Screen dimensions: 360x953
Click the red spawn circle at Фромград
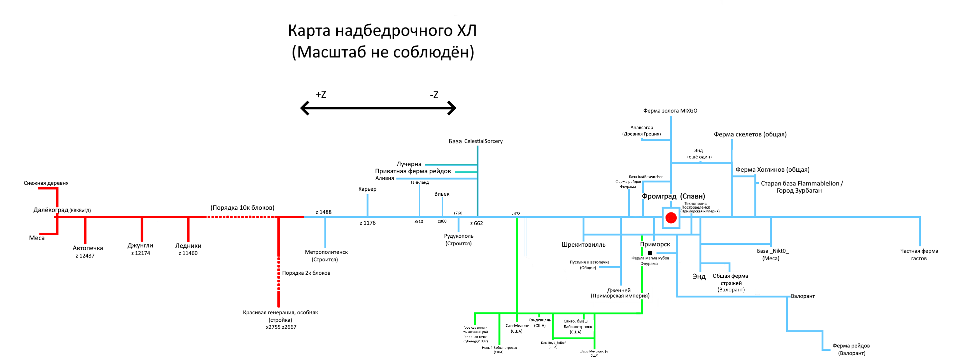point(671,218)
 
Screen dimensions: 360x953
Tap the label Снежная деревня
point(46,183)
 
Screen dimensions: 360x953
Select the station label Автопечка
point(88,248)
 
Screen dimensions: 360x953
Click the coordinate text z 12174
point(141,253)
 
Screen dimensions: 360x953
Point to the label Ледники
point(188,246)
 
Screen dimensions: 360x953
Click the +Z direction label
point(321,95)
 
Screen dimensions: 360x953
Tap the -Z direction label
point(434,95)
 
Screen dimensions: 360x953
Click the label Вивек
point(442,194)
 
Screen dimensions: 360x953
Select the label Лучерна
point(409,164)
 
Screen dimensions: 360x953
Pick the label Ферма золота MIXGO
point(670,111)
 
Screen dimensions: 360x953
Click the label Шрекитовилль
point(583,245)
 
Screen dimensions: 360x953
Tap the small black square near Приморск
point(650,253)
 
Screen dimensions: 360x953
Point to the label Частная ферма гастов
point(919,254)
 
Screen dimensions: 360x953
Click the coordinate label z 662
point(477,223)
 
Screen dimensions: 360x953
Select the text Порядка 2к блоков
point(306,273)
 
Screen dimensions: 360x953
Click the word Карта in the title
point(309,31)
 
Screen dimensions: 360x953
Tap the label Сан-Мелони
point(517,326)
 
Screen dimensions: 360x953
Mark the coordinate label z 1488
point(323,212)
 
